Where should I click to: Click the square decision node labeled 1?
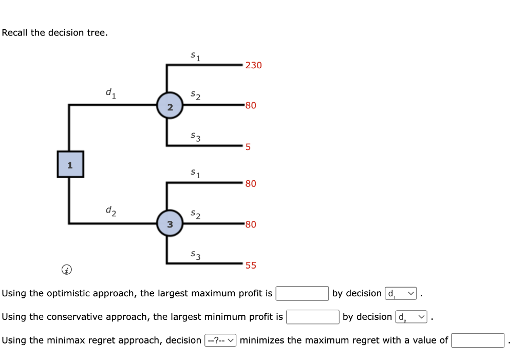(x=70, y=164)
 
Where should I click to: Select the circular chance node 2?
(x=170, y=106)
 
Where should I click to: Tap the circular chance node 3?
(x=170, y=223)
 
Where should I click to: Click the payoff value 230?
(x=253, y=65)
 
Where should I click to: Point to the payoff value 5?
(x=248, y=147)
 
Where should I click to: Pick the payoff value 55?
(x=251, y=266)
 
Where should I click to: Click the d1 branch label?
(x=110, y=93)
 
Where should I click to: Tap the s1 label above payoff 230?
(x=195, y=55)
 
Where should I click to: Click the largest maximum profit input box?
(x=302, y=293)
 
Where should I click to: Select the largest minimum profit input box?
(x=312, y=317)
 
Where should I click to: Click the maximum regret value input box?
(x=478, y=340)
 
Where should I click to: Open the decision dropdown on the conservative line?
(x=411, y=317)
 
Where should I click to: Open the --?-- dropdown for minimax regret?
(x=220, y=340)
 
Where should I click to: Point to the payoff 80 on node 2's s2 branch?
(x=251, y=106)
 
